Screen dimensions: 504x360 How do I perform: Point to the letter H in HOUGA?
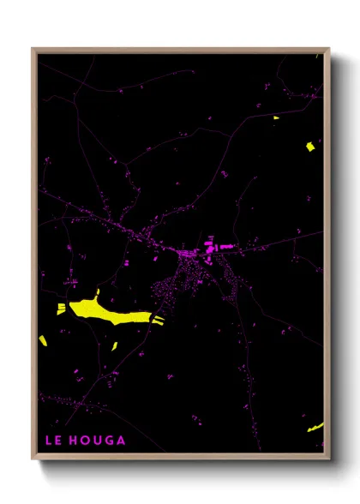pyautogui.click(x=75, y=441)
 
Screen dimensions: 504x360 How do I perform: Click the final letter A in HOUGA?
pyautogui.click(x=122, y=441)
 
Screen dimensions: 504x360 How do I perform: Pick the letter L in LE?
pyautogui.click(x=49, y=441)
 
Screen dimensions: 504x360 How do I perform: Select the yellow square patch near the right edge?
pyautogui.click(x=309, y=147)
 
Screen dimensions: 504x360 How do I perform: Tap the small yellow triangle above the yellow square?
pyautogui.click(x=276, y=117)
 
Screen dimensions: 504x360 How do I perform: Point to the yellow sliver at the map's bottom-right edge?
pyautogui.click(x=316, y=426)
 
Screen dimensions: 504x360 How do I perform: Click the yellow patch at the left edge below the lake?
pyautogui.click(x=43, y=341)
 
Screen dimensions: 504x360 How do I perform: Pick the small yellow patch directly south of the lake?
pyautogui.click(x=114, y=345)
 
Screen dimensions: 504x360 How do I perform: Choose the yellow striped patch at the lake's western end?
pyautogui.click(x=62, y=309)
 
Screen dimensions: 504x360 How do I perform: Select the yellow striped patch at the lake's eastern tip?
pyautogui.click(x=157, y=318)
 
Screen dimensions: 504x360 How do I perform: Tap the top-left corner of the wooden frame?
pyautogui.click(x=33, y=49)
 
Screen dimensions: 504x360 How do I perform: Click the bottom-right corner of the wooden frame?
pyautogui.click(x=328, y=459)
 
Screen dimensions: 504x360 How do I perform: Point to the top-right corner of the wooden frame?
pyautogui.click(x=328, y=49)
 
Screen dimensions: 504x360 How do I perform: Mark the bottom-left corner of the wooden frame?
pyautogui.click(x=33, y=459)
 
